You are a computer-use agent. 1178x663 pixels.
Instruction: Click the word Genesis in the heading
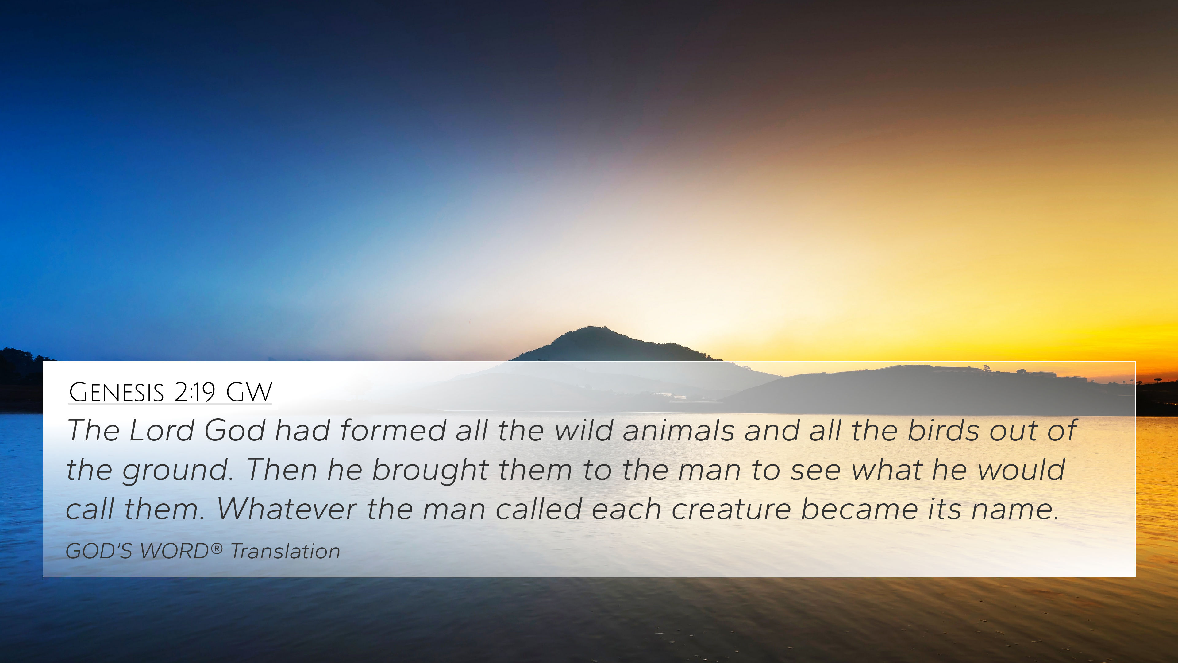tap(116, 392)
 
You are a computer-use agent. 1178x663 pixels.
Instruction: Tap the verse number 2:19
tap(194, 392)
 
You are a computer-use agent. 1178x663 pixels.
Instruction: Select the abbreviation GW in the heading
tap(249, 392)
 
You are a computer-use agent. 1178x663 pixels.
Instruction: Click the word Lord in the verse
tap(161, 431)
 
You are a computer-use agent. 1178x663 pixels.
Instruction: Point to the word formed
tap(392, 431)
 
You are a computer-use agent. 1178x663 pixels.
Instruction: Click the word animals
tap(678, 431)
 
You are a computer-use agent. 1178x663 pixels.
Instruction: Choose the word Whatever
tap(286, 509)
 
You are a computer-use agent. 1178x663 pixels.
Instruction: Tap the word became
tap(859, 509)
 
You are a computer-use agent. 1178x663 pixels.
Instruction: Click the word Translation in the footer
tap(285, 551)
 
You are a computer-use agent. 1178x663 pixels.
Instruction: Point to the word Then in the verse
tap(282, 470)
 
